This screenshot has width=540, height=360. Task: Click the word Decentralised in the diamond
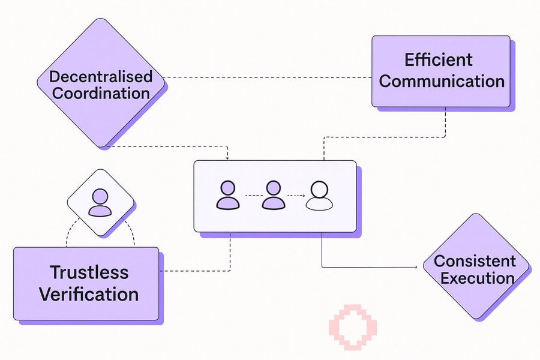point(101,77)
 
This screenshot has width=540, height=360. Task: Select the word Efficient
point(438,60)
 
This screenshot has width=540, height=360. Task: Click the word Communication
point(442,81)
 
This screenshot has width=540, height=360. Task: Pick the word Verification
point(89,294)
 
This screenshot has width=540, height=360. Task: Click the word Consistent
point(475,261)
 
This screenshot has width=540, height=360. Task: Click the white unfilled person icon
point(319,196)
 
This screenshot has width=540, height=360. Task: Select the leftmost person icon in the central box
point(227,196)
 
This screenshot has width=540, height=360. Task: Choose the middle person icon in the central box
point(273,196)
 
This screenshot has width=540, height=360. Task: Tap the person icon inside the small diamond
point(100,203)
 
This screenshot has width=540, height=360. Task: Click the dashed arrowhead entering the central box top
point(229,157)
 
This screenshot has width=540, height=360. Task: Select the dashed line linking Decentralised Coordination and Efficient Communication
point(270,77)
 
